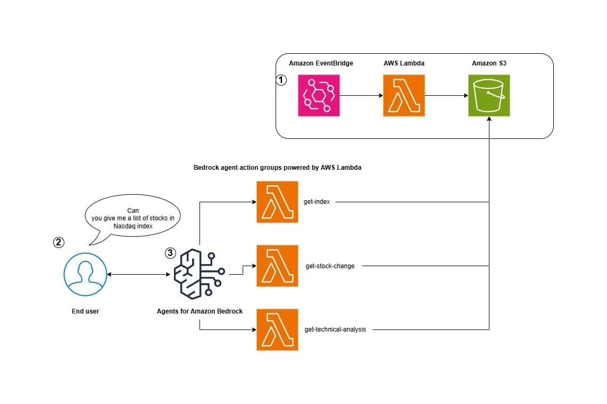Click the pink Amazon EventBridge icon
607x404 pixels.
[319, 95]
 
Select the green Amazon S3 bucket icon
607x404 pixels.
[489, 95]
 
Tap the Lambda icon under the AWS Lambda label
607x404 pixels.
[404, 95]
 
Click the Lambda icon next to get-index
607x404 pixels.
[277, 202]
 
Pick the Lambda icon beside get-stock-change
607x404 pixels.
[277, 266]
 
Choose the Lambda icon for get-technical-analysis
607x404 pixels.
[277, 329]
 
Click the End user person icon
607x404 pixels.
[85, 275]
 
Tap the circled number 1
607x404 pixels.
[281, 80]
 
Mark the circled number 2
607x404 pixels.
[59, 242]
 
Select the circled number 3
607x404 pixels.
[170, 253]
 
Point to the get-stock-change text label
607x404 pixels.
[330, 266]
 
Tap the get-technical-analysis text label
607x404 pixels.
[336, 329]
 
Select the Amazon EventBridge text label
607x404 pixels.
[321, 63]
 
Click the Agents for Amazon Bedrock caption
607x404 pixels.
[200, 311]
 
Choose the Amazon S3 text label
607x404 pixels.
[489, 63]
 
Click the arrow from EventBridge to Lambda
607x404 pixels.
[361, 96]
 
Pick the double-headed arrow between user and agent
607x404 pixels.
[138, 275]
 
